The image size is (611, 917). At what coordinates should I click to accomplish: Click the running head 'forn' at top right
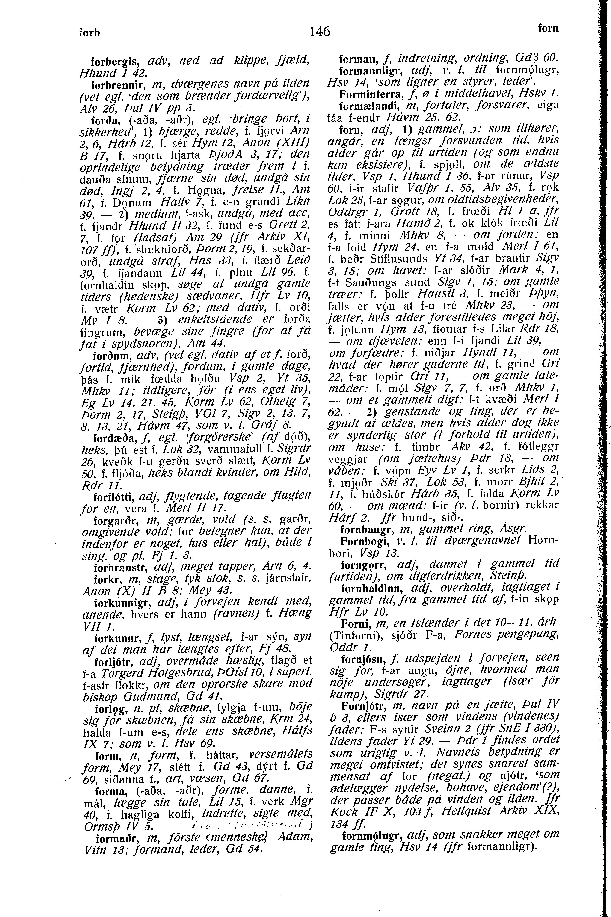548,29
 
